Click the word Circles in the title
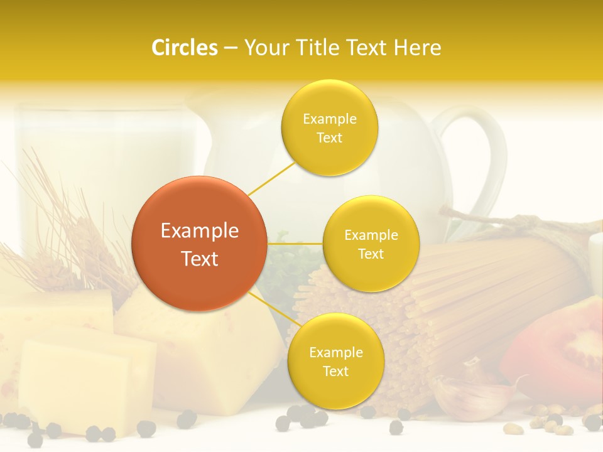click(x=185, y=48)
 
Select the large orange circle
click(x=199, y=244)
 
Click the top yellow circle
click(x=329, y=128)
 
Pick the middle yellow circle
click(x=371, y=244)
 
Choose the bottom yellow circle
click(x=335, y=362)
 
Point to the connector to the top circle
click(x=271, y=178)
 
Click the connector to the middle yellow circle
click(x=295, y=244)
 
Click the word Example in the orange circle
click(x=199, y=231)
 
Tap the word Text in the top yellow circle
click(x=329, y=138)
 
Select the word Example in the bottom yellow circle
click(x=335, y=352)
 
